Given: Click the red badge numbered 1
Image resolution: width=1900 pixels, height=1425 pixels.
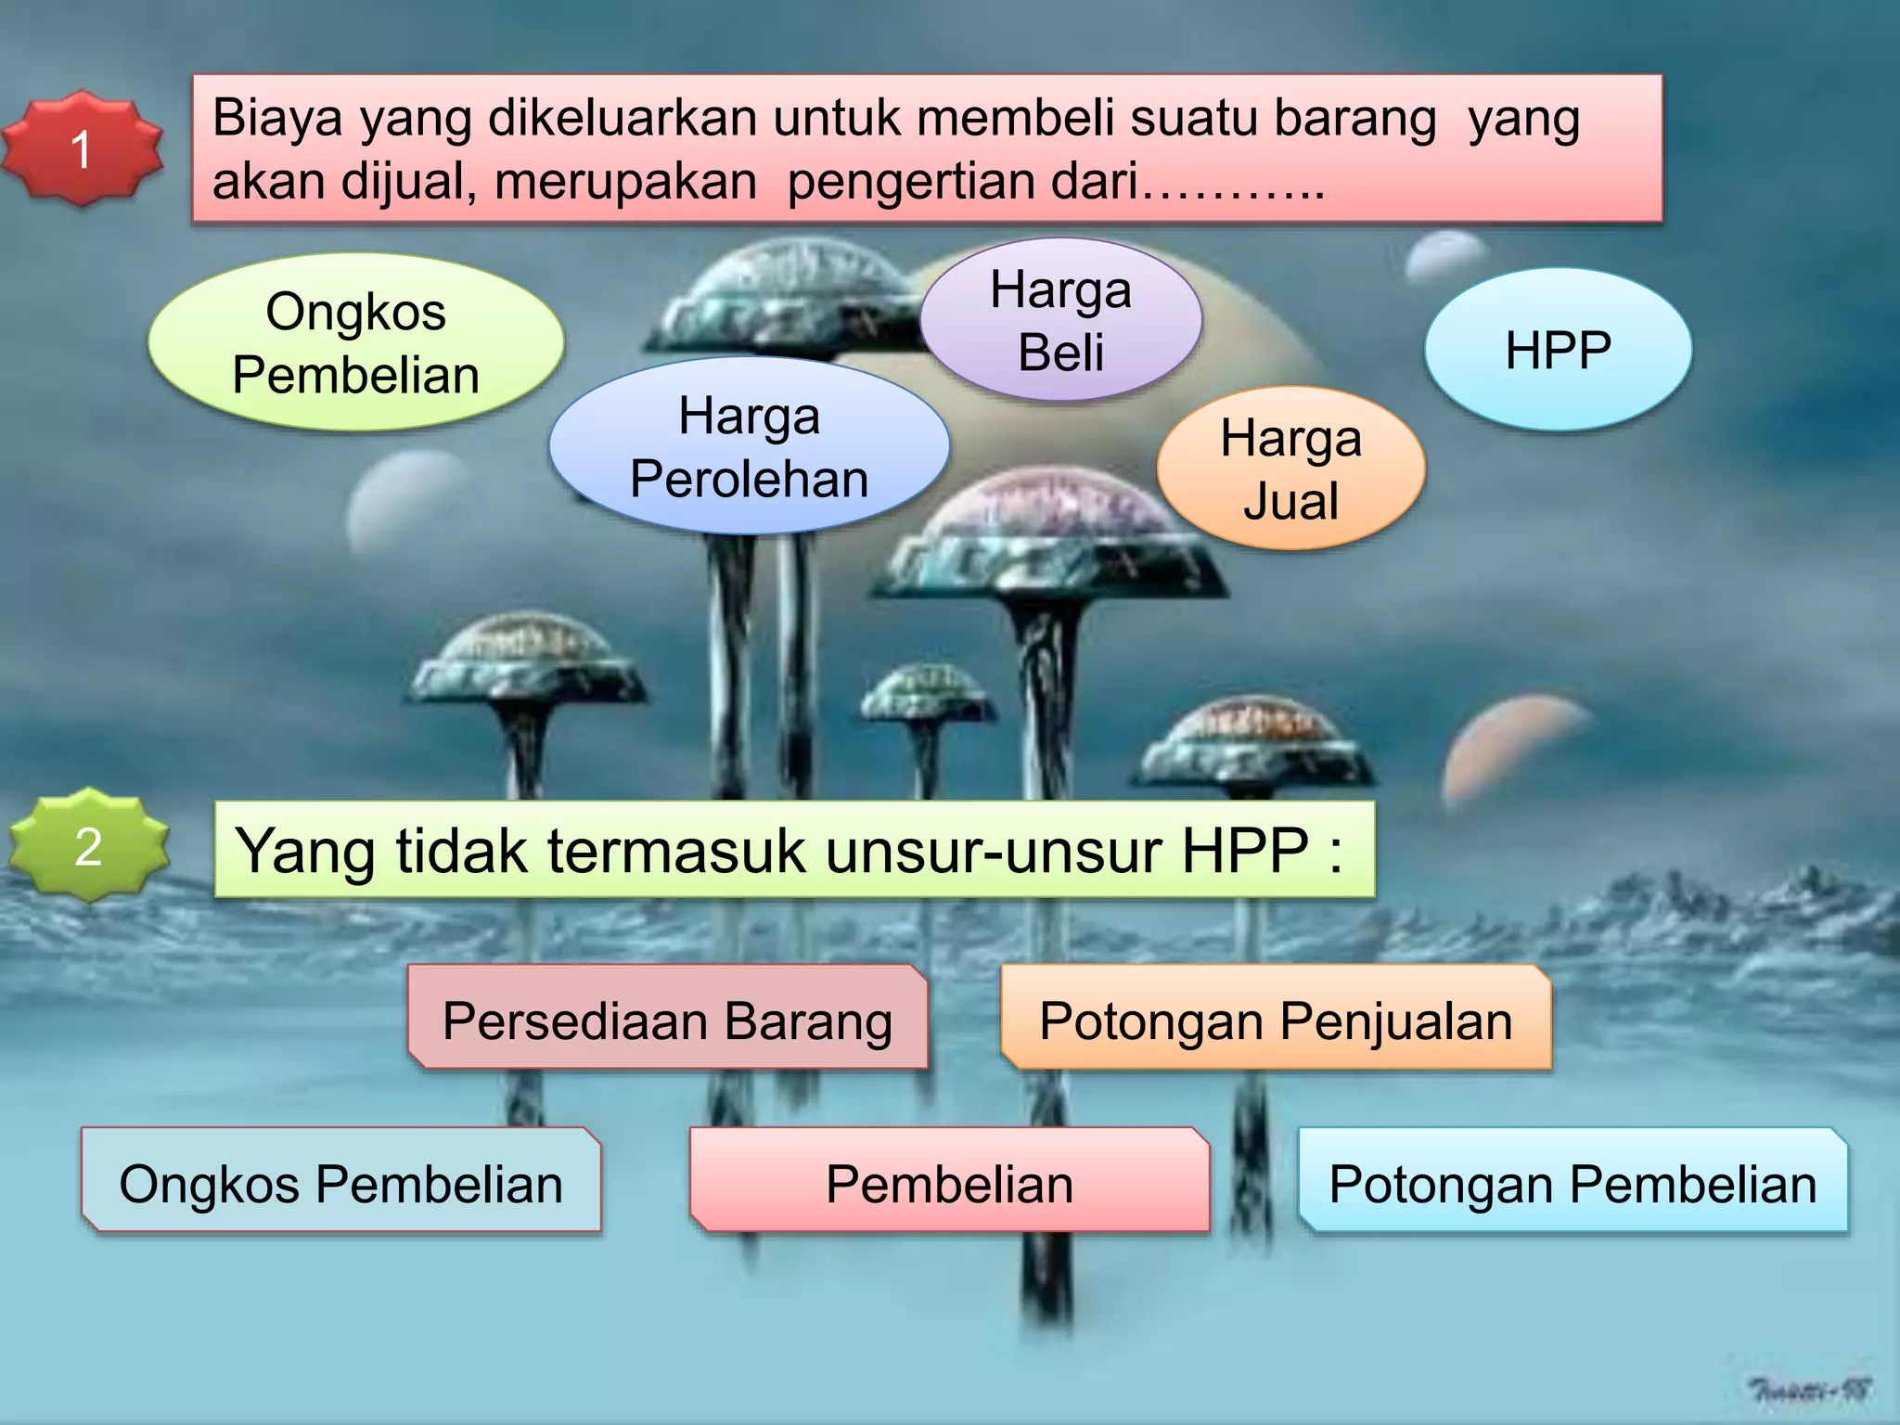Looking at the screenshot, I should tap(82, 148).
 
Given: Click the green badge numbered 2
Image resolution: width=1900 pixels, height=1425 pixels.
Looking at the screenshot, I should tap(88, 846).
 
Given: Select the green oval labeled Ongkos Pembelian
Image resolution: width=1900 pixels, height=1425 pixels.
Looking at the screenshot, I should tap(355, 342).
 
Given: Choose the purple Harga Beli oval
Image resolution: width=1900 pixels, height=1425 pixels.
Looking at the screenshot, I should tap(1060, 320).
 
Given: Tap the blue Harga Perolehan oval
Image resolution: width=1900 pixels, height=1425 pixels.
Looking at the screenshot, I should tap(749, 446).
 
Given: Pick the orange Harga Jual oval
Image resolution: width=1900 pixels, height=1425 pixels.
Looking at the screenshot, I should tap(1290, 469).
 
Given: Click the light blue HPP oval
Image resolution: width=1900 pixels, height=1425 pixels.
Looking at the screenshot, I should tap(1558, 350).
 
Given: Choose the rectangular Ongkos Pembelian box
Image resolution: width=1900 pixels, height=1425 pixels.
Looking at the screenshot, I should tap(340, 1183).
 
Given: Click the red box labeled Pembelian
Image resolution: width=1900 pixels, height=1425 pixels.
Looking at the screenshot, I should tap(949, 1183).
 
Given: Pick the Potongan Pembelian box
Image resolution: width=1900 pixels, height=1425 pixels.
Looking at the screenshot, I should tap(1573, 1183).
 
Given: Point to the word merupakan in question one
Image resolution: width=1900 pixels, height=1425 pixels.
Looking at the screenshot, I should tap(626, 181).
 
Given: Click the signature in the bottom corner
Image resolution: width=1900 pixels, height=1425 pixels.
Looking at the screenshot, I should tap(1809, 1390).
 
